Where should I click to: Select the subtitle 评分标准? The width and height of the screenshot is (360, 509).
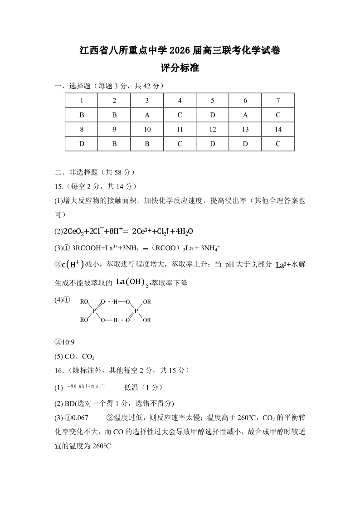pos(180,69)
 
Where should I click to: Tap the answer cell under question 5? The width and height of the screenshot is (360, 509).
pos(213,115)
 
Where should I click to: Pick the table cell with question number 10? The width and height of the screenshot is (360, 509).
pos(147,129)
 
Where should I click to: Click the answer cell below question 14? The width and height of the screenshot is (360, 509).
pos(278,144)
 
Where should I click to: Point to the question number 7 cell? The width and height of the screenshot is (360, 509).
pos(278,101)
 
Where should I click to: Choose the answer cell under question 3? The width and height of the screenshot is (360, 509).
pos(147,115)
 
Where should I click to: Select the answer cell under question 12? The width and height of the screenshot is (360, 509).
pos(213,144)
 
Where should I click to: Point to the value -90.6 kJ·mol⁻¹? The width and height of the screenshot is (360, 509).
pos(86,386)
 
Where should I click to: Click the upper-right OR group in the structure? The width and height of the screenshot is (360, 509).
pos(147,301)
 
